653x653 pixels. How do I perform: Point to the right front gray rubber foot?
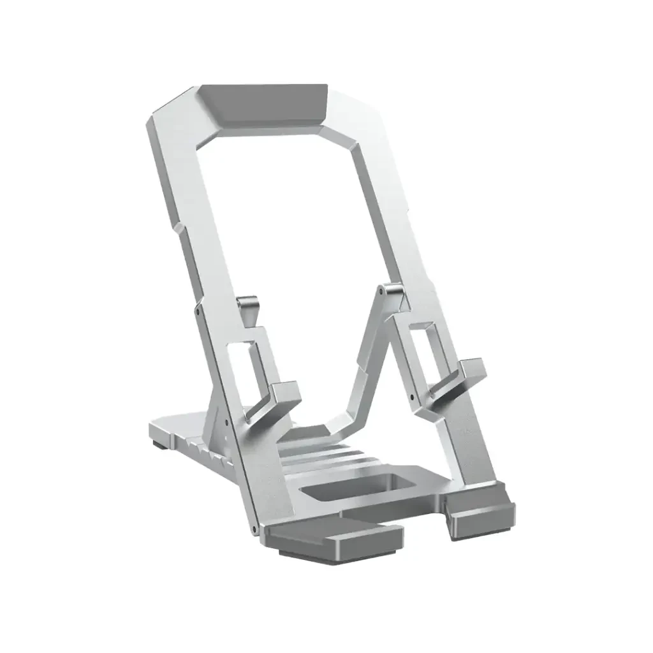pos(481,517)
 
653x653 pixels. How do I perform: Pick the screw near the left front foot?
pos(253,530)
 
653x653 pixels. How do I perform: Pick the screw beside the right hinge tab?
pos(381,291)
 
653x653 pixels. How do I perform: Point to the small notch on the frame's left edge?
pos(175,227)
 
